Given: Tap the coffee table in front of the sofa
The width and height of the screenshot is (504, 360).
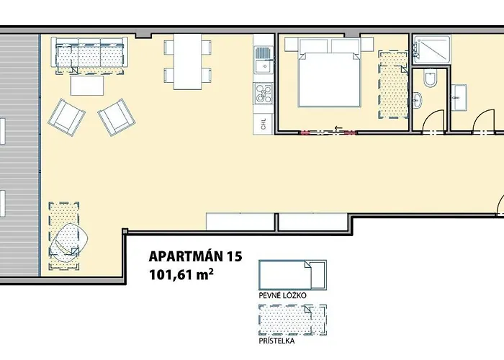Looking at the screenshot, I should (x=87, y=85).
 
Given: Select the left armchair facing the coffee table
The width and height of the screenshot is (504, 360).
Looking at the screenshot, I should (x=67, y=115).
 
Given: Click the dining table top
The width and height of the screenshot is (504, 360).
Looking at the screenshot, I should (x=189, y=61).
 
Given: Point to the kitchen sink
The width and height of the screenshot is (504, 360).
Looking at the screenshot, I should (x=264, y=63).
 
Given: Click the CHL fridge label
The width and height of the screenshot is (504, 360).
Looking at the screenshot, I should (x=263, y=122).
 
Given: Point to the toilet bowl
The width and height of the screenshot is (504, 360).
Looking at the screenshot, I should (x=429, y=79).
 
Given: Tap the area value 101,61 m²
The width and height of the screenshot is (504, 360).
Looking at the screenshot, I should (x=182, y=274).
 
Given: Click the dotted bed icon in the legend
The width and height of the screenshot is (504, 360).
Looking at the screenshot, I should (x=292, y=316).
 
